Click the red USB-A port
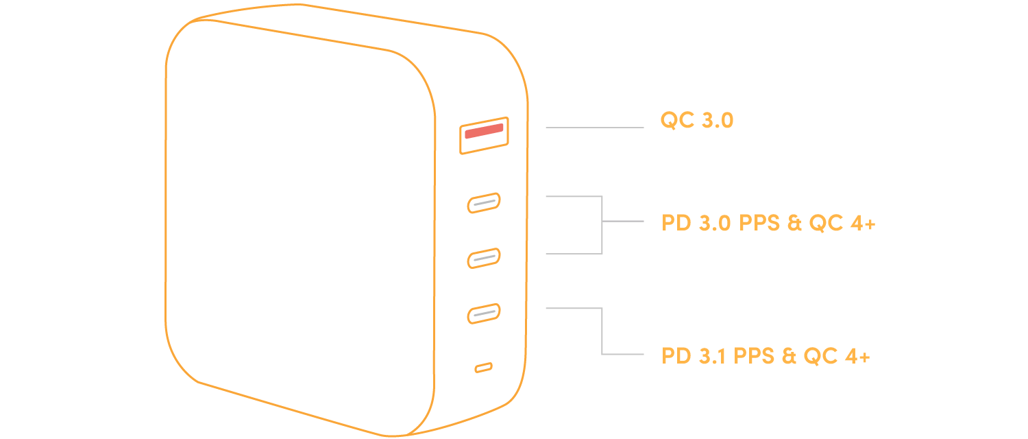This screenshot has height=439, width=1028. (x=484, y=135)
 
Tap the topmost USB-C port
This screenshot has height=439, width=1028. (x=484, y=203)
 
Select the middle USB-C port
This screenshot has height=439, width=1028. (x=484, y=258)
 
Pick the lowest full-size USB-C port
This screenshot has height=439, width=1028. (x=484, y=313)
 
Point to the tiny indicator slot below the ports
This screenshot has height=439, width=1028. (x=483, y=368)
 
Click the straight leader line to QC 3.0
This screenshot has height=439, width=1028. (x=594, y=128)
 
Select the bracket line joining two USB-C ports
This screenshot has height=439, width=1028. (x=602, y=225)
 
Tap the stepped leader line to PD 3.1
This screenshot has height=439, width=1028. (x=602, y=332)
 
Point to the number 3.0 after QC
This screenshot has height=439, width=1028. (x=718, y=121)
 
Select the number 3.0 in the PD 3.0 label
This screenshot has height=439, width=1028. (x=715, y=224)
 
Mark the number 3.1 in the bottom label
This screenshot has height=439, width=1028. (x=712, y=357)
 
